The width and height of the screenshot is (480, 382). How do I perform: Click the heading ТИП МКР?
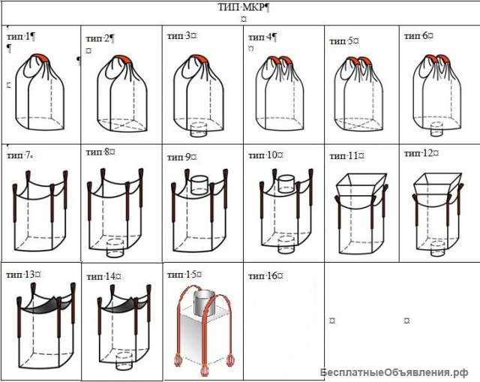[241, 8]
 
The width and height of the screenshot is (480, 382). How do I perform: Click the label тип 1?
[19, 37]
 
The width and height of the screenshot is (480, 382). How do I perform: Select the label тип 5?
[341, 41]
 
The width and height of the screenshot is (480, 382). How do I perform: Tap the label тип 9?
[179, 157]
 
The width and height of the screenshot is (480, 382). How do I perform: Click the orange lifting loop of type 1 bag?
[40, 57]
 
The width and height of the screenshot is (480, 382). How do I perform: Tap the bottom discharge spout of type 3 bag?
[199, 130]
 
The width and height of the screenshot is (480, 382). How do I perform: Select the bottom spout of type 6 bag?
[436, 129]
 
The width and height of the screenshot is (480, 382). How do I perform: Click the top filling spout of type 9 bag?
[199, 185]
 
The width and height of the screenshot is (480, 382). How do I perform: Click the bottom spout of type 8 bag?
[115, 248]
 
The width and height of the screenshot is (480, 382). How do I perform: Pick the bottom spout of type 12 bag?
[437, 248]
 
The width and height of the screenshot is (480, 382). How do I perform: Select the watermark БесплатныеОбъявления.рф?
[394, 373]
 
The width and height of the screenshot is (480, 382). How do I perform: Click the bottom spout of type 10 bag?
[286, 245]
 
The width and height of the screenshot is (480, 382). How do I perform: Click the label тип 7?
[18, 155]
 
